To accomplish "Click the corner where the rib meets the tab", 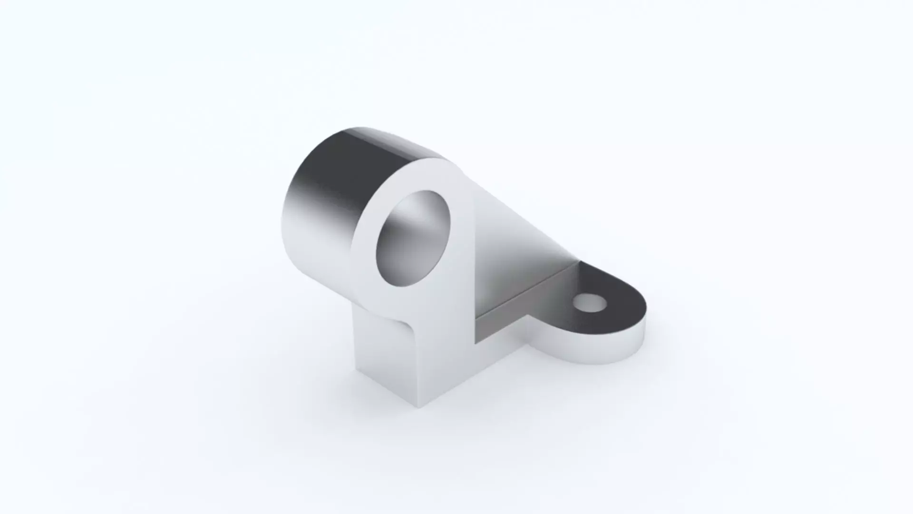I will click(580, 261).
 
